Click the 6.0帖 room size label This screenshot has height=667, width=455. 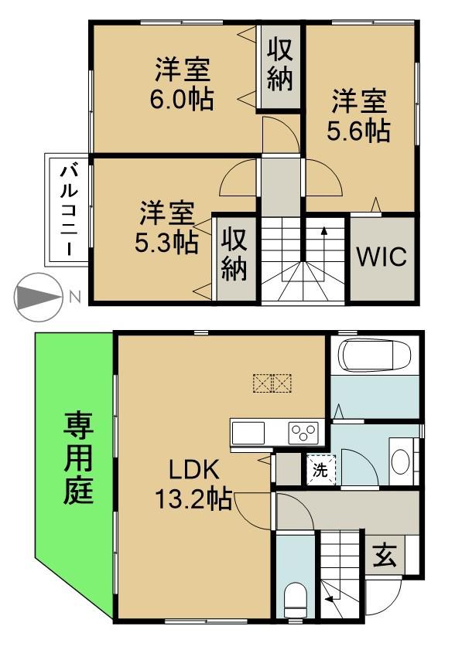pos(182,100)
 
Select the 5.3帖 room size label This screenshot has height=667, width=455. pos(166,243)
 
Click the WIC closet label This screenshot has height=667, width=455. pos(381,257)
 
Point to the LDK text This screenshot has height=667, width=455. pos(194,471)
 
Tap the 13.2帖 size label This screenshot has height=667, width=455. pos(193,499)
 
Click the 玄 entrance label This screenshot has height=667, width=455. pos(385,556)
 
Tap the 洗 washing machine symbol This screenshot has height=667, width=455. pos(320,471)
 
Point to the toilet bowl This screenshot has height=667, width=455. pos(295,600)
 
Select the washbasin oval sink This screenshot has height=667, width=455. pos(401,462)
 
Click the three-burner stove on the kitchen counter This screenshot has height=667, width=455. pos(304,433)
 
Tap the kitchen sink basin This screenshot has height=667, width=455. pos(248,433)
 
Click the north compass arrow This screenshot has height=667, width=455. pos(37,297)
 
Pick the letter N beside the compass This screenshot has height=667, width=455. pos(75,297)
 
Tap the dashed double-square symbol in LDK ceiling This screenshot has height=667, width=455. pos(272,383)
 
